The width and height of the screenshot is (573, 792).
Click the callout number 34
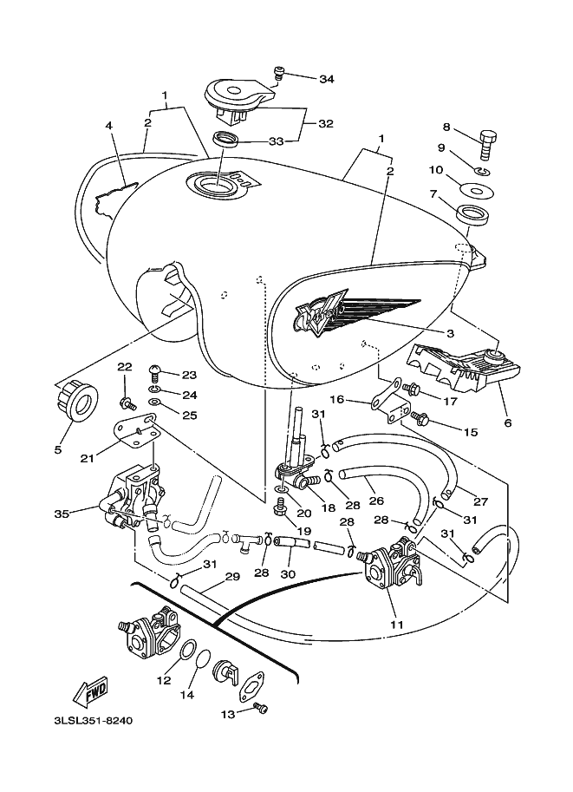326,79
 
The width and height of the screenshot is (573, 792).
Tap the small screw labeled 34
278,73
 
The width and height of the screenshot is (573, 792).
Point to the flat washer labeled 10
477,192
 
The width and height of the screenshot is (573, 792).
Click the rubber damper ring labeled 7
473,214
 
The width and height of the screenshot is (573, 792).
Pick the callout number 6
507,422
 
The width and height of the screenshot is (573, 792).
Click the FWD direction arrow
91,690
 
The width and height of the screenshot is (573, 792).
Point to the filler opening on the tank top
216,185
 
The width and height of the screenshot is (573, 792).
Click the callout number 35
62,514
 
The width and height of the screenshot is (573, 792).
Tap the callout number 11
397,625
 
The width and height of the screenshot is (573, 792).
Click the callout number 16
336,400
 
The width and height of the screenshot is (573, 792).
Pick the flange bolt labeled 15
420,418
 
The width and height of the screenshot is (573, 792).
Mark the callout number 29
232,576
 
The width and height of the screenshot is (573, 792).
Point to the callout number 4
109,125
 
